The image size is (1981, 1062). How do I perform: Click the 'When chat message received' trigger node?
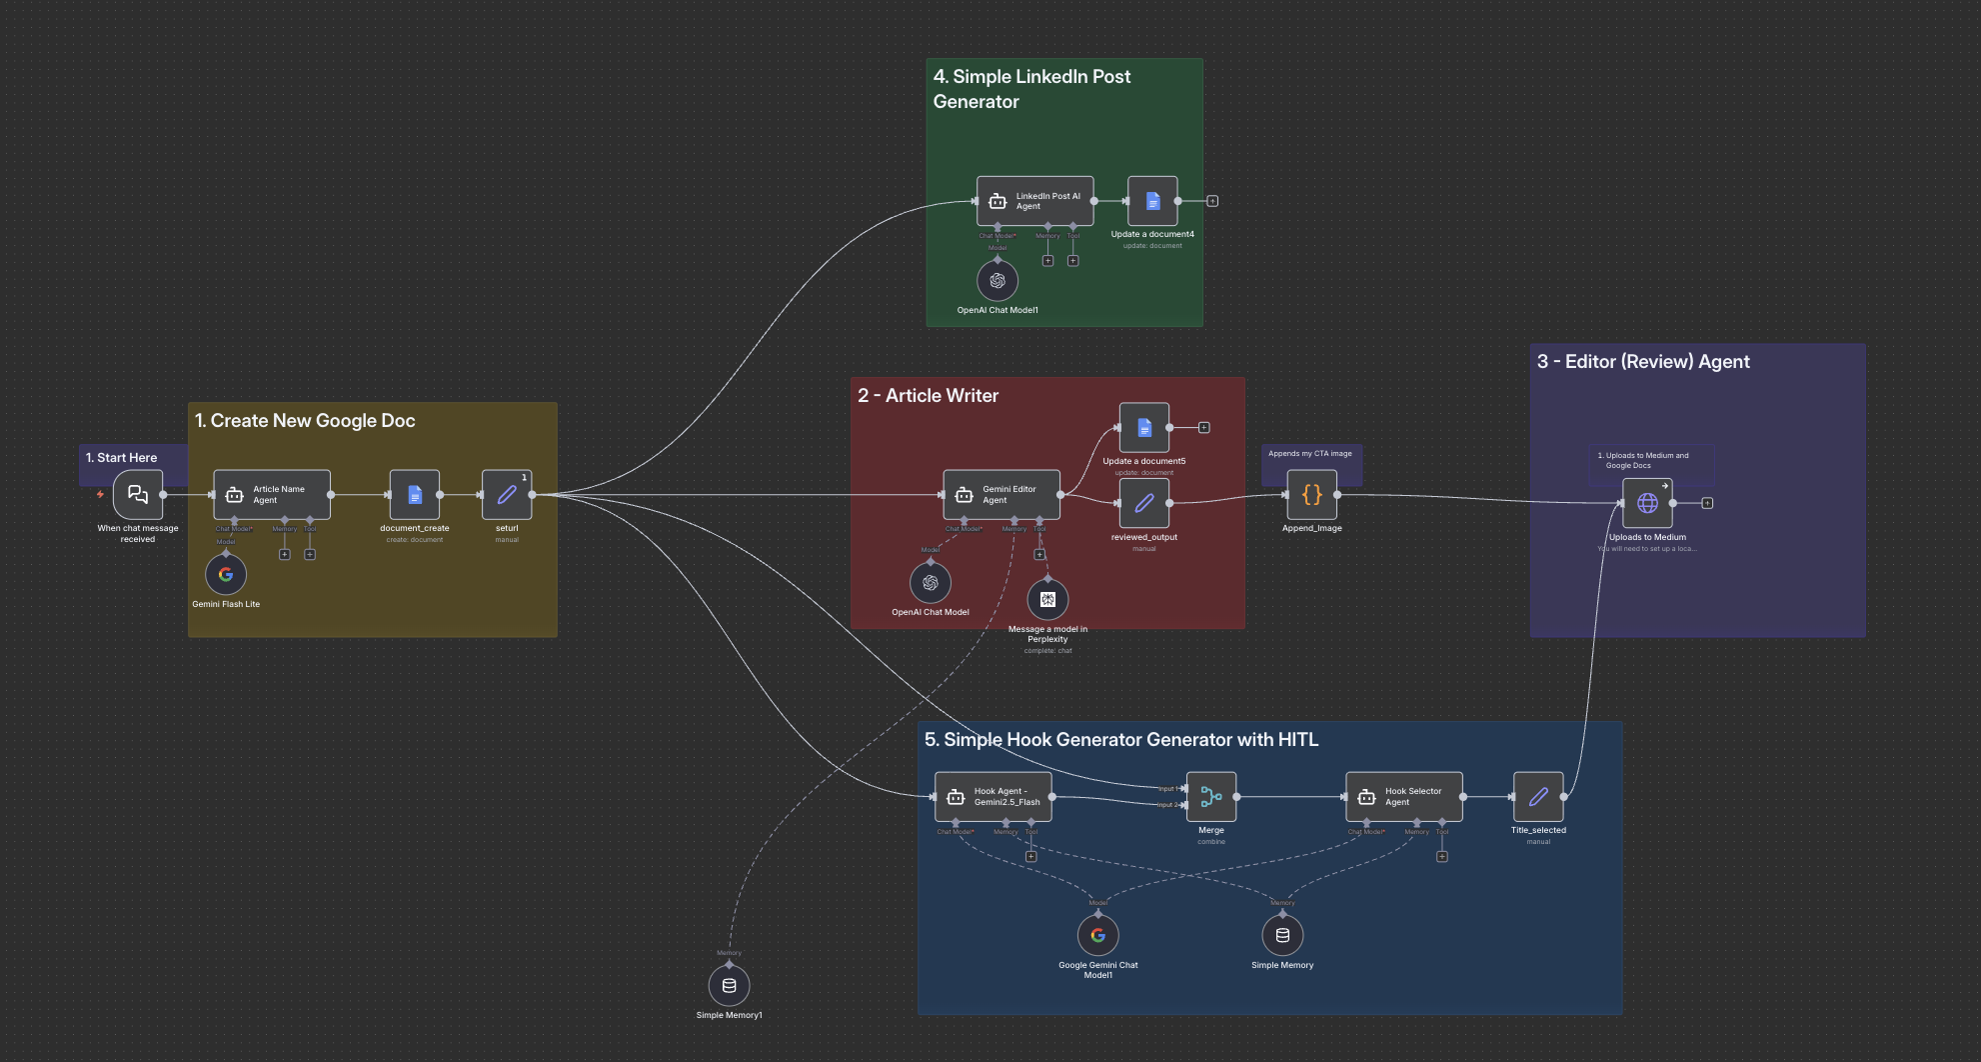[x=138, y=495]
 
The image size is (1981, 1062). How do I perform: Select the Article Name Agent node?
[x=272, y=495]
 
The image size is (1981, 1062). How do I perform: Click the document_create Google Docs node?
[x=415, y=495]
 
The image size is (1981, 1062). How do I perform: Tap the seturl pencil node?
[x=507, y=495]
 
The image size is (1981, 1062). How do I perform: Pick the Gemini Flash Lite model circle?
[x=226, y=574]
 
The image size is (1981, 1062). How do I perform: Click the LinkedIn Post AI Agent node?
[x=1035, y=201]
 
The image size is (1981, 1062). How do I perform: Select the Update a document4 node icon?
[x=1152, y=201]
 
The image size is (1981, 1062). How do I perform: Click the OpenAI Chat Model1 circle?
[x=997, y=281]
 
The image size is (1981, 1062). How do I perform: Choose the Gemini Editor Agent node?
[x=1001, y=495]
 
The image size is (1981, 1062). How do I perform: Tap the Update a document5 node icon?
[x=1144, y=428]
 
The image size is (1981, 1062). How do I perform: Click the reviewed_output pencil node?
[x=1144, y=503]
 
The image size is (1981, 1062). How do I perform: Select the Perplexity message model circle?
[x=1047, y=599]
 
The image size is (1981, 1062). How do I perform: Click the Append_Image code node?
[x=1312, y=495]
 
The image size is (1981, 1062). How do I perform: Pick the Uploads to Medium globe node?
[x=1647, y=503]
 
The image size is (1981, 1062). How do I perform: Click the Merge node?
[x=1211, y=797]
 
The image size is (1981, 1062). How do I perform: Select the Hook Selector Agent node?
[x=1404, y=797]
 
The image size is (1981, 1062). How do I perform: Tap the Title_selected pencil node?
[x=1538, y=797]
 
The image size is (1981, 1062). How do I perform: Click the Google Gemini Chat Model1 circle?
[x=1098, y=935]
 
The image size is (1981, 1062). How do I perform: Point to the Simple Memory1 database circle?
[x=730, y=985]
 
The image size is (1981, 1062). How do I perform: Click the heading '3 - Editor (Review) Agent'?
[x=1643, y=362]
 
